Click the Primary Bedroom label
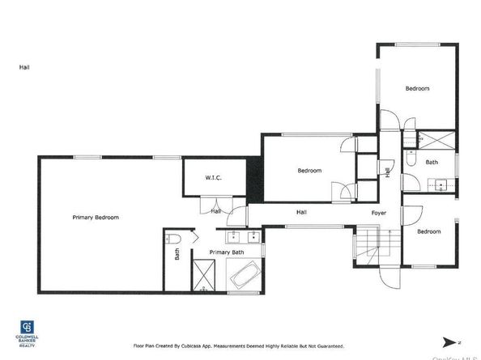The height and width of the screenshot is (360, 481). tap(96, 218)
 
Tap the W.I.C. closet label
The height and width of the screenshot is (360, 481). tap(213, 178)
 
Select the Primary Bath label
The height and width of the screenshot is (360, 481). tap(227, 252)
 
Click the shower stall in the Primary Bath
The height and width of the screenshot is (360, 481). tap(203, 276)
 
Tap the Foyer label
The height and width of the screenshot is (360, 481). tap(379, 213)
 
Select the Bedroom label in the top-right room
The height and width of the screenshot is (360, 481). tap(417, 88)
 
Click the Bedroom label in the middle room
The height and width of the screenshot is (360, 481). tap(309, 171)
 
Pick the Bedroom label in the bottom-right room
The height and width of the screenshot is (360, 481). tap(429, 232)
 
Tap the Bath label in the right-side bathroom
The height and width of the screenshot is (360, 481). tap(432, 163)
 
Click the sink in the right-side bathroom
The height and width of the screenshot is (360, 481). tap(442, 184)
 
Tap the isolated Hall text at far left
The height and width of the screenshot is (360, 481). tap(24, 67)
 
